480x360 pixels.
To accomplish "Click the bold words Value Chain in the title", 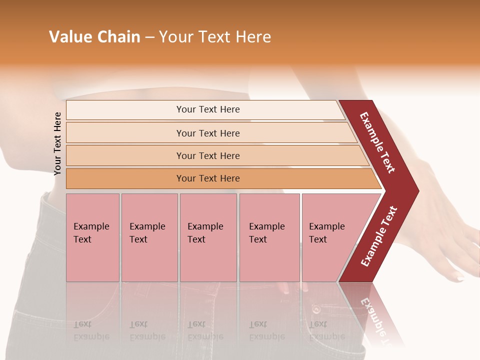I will (x=94, y=37).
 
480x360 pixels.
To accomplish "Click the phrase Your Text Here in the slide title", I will (x=215, y=37).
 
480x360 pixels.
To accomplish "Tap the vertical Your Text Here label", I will (x=57, y=143).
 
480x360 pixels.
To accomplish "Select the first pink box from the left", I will (x=92, y=237).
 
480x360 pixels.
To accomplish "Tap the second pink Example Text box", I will (x=149, y=237).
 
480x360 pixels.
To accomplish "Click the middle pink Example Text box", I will (x=208, y=237).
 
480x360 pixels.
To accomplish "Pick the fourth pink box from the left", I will (x=269, y=237).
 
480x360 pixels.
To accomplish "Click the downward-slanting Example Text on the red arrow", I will (x=377, y=142).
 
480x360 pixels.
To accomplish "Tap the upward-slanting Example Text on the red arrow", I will (x=379, y=236).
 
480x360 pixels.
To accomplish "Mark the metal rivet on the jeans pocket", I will (x=316, y=310).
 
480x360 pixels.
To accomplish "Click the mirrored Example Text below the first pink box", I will (x=91, y=330).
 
